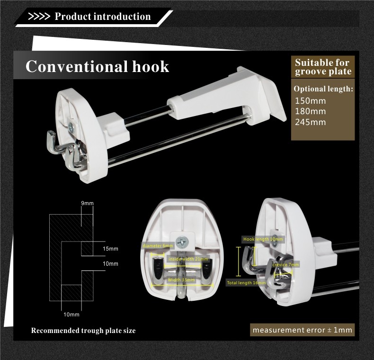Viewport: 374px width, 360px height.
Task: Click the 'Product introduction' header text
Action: pos(103,17)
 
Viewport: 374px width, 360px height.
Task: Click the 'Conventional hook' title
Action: pos(97,66)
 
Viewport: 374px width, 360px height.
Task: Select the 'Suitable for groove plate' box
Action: pos(323,67)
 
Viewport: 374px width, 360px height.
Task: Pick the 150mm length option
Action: pos(310,100)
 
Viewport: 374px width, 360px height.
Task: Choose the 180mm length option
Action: pos(310,111)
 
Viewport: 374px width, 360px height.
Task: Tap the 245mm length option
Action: pos(310,122)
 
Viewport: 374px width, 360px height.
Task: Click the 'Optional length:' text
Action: pos(323,89)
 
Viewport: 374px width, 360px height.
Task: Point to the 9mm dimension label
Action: pos(88,203)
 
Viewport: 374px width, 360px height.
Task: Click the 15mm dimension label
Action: pos(110,249)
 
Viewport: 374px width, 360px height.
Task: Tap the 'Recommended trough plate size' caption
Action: pos(83,331)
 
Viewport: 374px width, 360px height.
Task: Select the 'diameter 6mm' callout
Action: pos(158,246)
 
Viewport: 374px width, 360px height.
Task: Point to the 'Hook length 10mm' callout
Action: pos(263,239)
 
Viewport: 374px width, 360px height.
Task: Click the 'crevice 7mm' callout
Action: pos(286,264)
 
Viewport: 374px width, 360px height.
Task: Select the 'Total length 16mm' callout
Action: pos(246,282)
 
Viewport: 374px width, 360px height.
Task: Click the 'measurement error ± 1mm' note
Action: pos(302,330)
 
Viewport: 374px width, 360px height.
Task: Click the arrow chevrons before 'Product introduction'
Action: pos(39,17)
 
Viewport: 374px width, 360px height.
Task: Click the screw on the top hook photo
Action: pos(71,126)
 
